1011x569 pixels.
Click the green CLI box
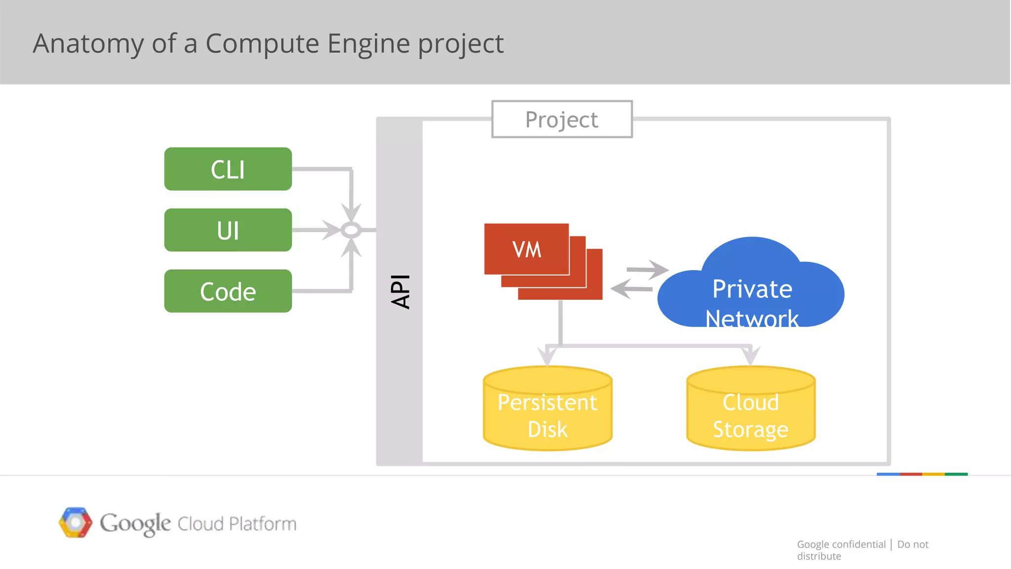coord(228,169)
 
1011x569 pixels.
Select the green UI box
coord(228,230)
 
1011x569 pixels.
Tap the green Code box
coord(228,291)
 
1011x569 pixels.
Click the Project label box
coord(562,120)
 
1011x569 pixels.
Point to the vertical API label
coord(400,291)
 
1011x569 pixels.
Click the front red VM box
coord(526,249)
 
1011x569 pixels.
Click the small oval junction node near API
coord(351,230)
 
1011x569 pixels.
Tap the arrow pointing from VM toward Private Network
coord(647,270)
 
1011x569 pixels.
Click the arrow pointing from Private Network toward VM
coord(632,288)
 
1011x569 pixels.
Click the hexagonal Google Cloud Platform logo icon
coord(76,523)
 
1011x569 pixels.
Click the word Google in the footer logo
coord(135,524)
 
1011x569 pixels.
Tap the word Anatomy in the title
coord(88,43)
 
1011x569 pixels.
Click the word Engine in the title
coord(368,43)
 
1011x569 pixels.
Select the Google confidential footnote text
coord(841,544)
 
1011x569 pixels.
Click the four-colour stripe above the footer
coord(922,474)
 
